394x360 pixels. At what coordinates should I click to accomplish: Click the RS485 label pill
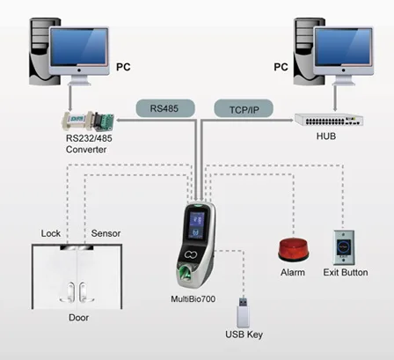165,108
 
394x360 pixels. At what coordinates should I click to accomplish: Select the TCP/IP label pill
244,109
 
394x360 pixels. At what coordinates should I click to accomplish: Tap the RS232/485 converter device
88,121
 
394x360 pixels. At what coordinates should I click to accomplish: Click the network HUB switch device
329,120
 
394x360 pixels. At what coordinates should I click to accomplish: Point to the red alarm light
293,250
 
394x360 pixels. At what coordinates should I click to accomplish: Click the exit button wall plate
344,247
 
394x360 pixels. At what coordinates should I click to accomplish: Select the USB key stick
243,312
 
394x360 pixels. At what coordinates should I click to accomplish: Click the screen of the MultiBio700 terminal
196,224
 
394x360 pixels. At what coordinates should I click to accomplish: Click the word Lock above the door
51,233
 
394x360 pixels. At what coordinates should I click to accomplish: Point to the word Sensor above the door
106,233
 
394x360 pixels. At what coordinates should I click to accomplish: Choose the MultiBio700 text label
193,299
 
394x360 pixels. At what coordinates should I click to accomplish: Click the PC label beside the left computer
123,67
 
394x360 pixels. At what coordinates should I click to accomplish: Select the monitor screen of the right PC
343,47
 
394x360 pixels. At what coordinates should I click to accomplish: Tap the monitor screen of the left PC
79,47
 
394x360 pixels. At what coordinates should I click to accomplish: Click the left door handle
70,292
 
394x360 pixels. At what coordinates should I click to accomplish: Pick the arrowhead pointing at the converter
119,121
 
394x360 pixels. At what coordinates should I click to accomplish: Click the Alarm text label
293,272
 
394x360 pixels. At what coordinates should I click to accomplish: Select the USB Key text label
244,334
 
